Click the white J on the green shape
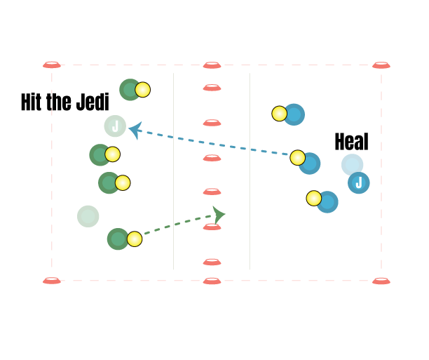click(116, 126)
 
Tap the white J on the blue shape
click(359, 183)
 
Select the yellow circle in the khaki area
click(279, 114)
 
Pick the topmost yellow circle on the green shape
click(142, 90)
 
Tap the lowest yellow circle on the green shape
click(135, 239)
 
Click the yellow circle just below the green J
click(112, 154)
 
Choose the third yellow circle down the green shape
click(123, 182)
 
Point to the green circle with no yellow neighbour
click(88, 216)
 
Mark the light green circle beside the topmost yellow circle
click(129, 90)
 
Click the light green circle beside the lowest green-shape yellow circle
click(118, 239)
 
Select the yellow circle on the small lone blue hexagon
click(314, 199)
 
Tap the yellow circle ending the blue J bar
click(298, 158)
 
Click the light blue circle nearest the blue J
click(352, 165)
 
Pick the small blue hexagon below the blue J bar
click(330, 202)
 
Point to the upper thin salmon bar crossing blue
click(226, 158)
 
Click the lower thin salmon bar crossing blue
click(226, 191)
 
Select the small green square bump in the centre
click(218, 211)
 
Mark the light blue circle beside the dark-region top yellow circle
click(309, 164)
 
